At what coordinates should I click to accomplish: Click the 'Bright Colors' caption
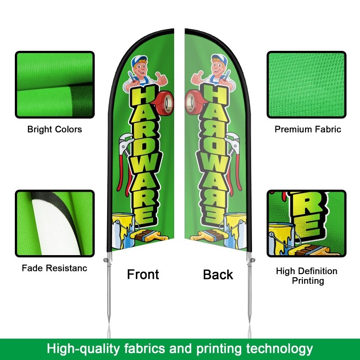(x=54, y=130)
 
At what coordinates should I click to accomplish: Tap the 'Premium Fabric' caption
(x=308, y=130)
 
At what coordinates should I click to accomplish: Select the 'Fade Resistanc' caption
(x=54, y=269)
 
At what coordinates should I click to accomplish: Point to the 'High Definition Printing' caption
(x=306, y=276)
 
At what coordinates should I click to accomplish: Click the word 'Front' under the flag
(x=143, y=274)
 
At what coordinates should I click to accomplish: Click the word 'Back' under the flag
(x=218, y=274)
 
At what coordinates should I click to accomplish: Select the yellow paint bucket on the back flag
(x=236, y=227)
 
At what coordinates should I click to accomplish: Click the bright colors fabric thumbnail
(x=55, y=85)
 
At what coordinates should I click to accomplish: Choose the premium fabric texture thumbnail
(x=306, y=85)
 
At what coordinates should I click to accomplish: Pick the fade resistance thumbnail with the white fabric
(x=55, y=223)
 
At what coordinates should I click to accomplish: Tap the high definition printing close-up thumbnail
(x=306, y=223)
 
